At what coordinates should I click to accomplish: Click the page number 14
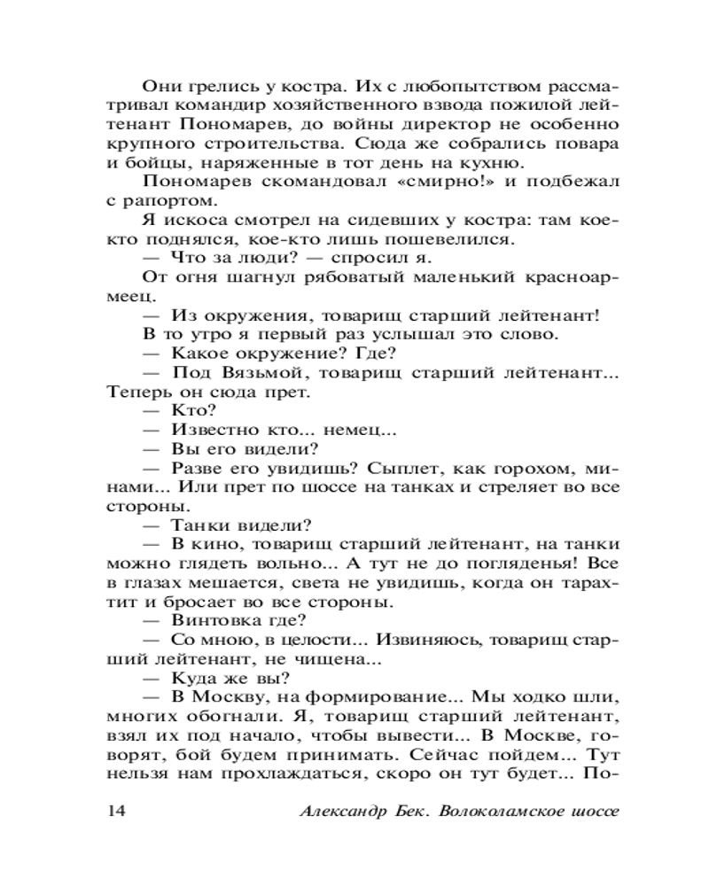(116, 812)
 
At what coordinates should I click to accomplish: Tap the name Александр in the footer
(339, 812)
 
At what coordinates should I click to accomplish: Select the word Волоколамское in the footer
(486, 812)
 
